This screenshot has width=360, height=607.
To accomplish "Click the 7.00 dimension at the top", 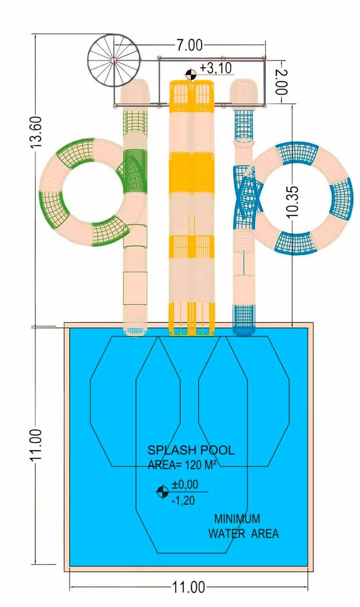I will (x=189, y=46).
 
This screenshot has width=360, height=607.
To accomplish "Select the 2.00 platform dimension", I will (x=282, y=79).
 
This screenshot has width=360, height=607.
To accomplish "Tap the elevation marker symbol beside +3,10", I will (x=191, y=75).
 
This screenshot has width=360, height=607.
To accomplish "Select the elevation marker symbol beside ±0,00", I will (x=162, y=491).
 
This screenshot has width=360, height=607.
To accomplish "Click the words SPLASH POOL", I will (x=191, y=450).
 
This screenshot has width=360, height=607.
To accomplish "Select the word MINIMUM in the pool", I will (x=237, y=518).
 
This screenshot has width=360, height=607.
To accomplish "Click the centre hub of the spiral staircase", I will (x=114, y=60).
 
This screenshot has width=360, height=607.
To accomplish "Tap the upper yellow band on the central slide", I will (x=192, y=167).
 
